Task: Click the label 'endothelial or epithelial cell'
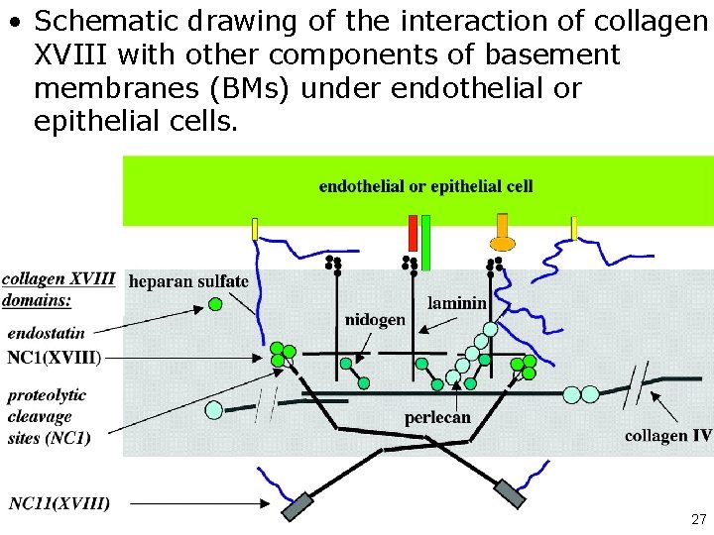[425, 186]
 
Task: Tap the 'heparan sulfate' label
[188, 281]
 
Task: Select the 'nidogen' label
[374, 319]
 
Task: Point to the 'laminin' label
[456, 303]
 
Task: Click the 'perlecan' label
[437, 418]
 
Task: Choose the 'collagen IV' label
[667, 436]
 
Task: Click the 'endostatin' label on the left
[47, 334]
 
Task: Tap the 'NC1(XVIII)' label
[54, 357]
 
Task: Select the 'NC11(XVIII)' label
[59, 503]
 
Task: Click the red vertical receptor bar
[413, 233]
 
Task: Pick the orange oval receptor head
[503, 242]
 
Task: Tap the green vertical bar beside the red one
[425, 241]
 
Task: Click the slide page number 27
[697, 519]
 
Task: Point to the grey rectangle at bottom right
[511, 494]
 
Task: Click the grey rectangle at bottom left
[297, 506]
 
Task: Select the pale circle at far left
[213, 408]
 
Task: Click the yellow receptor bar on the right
[573, 228]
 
